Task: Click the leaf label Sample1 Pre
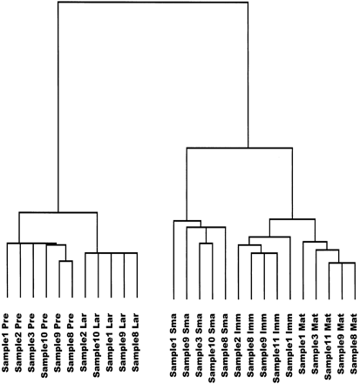(x=7, y=344)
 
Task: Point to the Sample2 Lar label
(x=85, y=344)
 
